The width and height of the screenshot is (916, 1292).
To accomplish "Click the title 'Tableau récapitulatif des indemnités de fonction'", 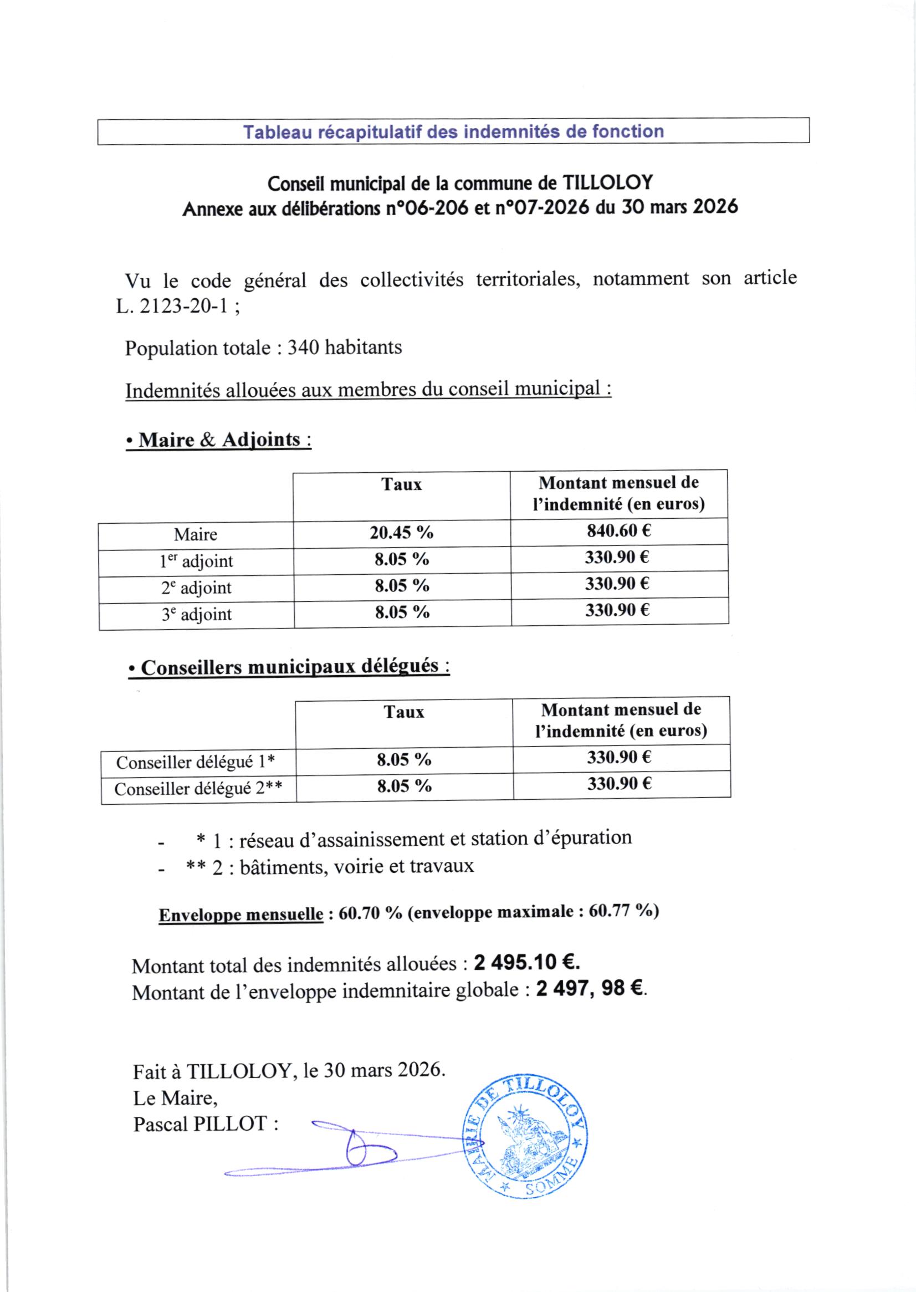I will tap(453, 131).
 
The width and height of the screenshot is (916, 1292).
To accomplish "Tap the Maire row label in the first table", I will tap(195, 534).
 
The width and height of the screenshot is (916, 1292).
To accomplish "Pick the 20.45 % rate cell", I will tap(401, 533).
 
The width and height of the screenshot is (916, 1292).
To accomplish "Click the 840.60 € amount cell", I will tap(619, 530).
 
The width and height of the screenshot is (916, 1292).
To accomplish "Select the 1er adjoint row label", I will tap(196, 561).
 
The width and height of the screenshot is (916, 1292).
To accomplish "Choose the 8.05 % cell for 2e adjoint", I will tap(402, 586).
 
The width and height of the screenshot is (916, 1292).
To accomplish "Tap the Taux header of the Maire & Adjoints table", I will tap(401, 484).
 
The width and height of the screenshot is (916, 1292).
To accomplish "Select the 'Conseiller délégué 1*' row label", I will tap(196, 762).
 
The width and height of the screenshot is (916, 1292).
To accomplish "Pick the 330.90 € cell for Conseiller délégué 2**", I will tap(620, 783).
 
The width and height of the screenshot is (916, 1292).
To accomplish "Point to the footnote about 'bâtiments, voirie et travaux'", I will tap(356, 866).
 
